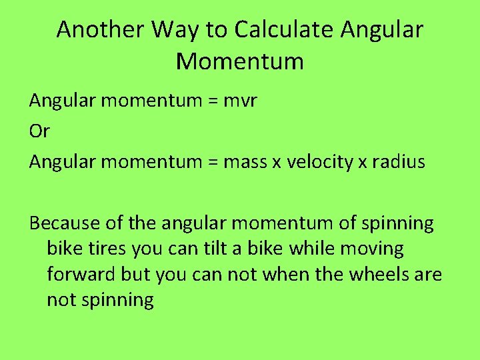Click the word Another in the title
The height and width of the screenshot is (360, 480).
pyautogui.click(x=101, y=30)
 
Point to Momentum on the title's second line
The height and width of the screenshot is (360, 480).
pyautogui.click(x=240, y=62)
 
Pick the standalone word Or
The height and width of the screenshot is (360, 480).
pyautogui.click(x=39, y=131)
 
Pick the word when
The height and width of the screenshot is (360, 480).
pyautogui.click(x=295, y=275)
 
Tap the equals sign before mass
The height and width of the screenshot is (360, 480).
pyautogui.click(x=213, y=162)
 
